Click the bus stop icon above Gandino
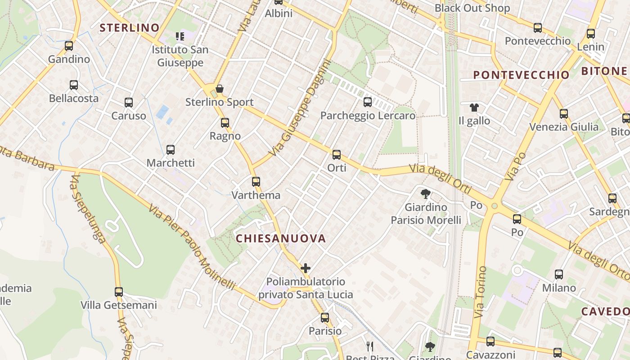click(x=69, y=45)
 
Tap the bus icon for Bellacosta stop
click(x=74, y=85)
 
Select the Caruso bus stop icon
click(x=129, y=103)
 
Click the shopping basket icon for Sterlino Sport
click(x=220, y=89)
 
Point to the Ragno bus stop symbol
click(x=225, y=122)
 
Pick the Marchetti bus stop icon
click(x=171, y=150)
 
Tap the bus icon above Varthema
click(x=256, y=182)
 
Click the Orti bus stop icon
click(x=337, y=155)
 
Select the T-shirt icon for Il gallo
click(x=474, y=108)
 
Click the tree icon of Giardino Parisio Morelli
click(x=425, y=194)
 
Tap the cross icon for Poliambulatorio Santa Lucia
click(x=306, y=269)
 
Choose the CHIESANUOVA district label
click(x=281, y=238)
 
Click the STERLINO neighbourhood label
click(x=130, y=28)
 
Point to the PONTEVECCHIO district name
click(x=522, y=75)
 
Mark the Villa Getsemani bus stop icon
click(x=119, y=292)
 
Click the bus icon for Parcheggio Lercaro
click(x=368, y=102)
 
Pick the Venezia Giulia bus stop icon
click(x=564, y=113)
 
